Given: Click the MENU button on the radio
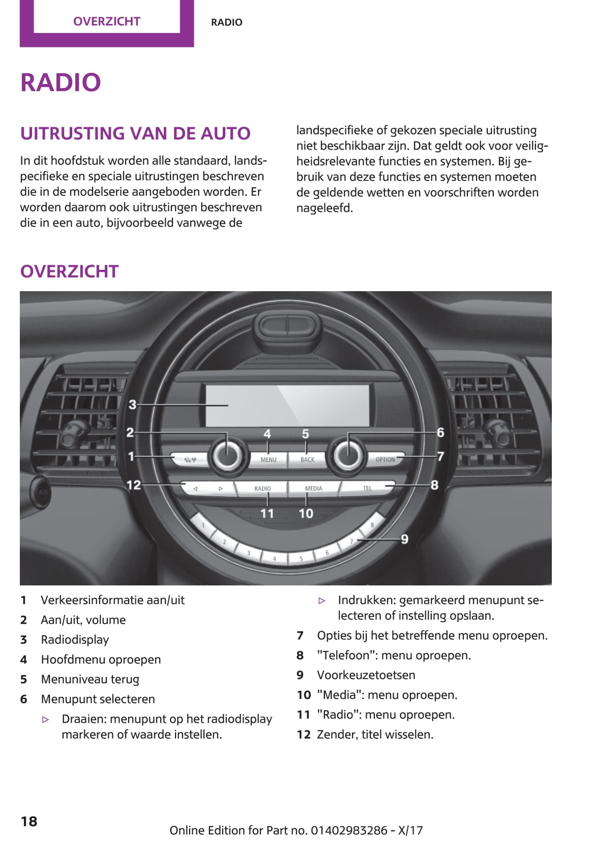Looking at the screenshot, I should click(x=268, y=459).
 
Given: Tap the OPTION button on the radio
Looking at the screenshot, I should click(x=385, y=459).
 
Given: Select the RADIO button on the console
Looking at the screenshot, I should click(x=262, y=488).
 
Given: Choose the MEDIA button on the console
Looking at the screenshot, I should click(x=313, y=488).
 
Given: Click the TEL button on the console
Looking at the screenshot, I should click(x=367, y=488).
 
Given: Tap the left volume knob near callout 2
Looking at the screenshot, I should click(x=227, y=455).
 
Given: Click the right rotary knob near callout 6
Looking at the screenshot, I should click(x=348, y=455).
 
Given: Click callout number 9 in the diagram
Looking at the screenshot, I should click(x=404, y=539).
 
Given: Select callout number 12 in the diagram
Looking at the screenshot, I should click(x=134, y=485).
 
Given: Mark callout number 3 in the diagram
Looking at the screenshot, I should click(x=132, y=405).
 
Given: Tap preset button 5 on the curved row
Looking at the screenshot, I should click(x=301, y=558).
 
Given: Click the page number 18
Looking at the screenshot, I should click(x=29, y=821).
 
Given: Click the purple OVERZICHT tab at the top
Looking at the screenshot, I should click(x=107, y=21).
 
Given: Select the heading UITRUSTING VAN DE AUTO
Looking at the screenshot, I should click(x=135, y=133).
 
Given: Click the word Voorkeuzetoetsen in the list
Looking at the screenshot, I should click(x=366, y=675).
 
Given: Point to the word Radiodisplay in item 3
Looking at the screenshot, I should click(x=75, y=640).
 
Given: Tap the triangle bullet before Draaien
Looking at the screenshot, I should click(x=46, y=719).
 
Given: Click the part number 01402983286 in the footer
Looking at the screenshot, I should click(x=349, y=830).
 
